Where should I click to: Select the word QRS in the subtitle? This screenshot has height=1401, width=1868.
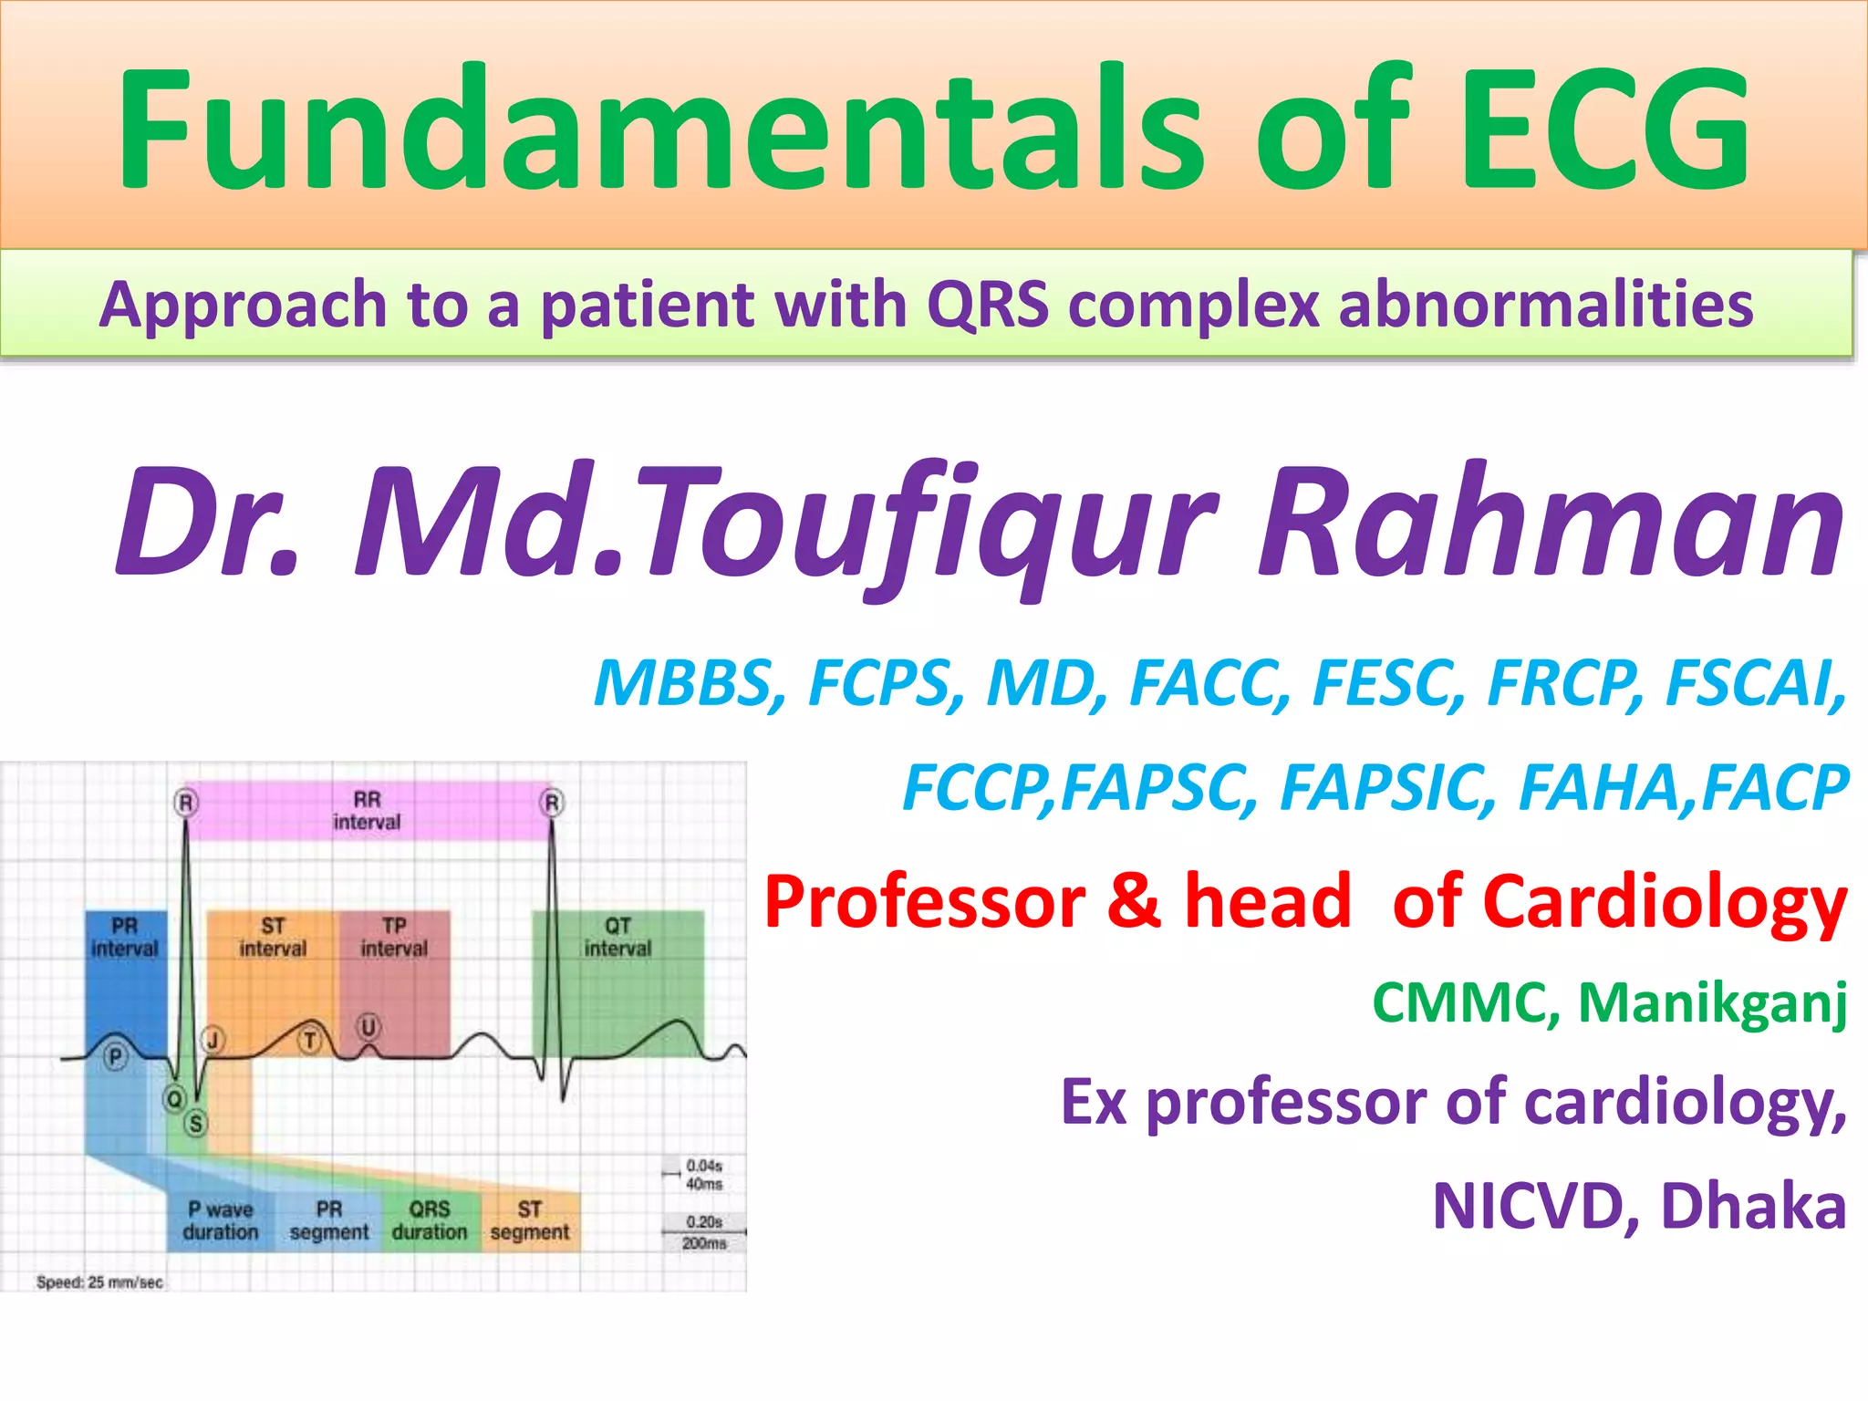(x=987, y=305)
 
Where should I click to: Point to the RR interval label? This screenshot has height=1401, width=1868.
(x=367, y=811)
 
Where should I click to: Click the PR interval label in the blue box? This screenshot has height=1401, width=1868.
(x=125, y=938)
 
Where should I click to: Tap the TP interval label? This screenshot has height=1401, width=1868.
(x=394, y=938)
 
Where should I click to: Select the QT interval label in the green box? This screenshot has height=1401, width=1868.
(x=617, y=938)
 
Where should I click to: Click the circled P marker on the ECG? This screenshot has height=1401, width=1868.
(x=115, y=1057)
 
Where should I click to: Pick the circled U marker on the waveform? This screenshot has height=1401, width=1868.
(x=368, y=1028)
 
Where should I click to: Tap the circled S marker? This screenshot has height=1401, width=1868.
(x=196, y=1124)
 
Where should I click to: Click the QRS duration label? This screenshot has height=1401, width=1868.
(x=430, y=1220)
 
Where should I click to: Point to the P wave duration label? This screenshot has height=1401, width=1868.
(x=221, y=1220)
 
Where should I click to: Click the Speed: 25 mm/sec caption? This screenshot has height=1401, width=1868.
(x=99, y=1282)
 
